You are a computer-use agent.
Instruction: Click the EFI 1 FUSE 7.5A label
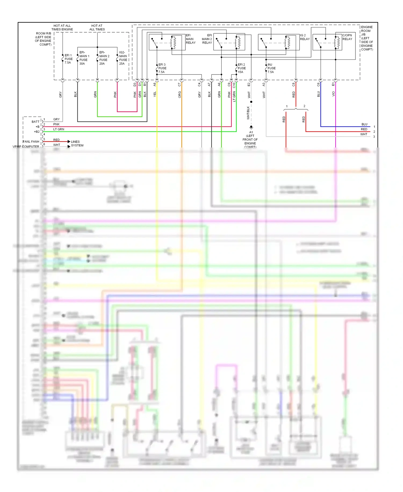click(68, 59)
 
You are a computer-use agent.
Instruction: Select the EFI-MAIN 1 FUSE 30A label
click(84, 58)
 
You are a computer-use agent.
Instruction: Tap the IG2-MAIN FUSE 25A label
click(123, 58)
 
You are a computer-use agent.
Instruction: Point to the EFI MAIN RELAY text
click(190, 39)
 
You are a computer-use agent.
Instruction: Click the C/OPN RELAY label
click(347, 37)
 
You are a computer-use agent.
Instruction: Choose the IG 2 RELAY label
click(305, 37)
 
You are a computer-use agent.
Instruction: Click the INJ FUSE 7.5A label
click(271, 68)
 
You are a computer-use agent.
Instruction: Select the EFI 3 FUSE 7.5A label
click(162, 68)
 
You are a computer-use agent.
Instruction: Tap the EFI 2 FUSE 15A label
click(242, 68)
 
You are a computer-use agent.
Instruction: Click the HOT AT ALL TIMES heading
click(97, 27)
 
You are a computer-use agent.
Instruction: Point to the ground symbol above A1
click(251, 127)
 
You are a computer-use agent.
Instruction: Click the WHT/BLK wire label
click(248, 113)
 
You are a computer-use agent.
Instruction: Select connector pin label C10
click(234, 85)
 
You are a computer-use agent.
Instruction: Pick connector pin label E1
click(333, 84)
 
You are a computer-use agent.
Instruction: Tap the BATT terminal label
click(35, 122)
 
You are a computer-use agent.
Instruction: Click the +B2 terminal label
click(37, 132)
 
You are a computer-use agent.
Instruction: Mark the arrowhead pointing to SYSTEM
click(69, 146)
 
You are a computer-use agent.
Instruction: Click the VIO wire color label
click(333, 94)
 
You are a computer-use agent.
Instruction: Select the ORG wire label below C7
click(179, 94)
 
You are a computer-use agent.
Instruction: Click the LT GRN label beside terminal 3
click(59, 129)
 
